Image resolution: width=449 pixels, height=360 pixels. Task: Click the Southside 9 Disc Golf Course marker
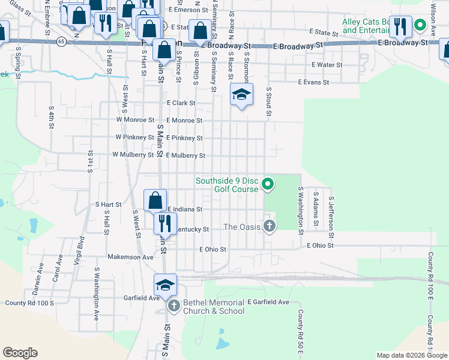(x=269, y=184)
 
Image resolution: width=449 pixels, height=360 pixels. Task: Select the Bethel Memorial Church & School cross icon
(x=174, y=307)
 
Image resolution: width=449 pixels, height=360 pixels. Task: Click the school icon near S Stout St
(x=241, y=95)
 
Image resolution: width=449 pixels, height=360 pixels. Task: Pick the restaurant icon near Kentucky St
(x=163, y=223)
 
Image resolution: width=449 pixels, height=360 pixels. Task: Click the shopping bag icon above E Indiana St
(x=155, y=199)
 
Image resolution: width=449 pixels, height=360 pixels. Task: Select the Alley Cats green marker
(x=421, y=25)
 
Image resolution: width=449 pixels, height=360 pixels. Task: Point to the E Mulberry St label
(x=185, y=155)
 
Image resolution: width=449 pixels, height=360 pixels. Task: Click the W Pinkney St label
(x=135, y=138)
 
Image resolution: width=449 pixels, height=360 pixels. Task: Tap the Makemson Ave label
(x=131, y=257)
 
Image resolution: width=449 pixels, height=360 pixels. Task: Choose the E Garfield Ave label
(x=268, y=302)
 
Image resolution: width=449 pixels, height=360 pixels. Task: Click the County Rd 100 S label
(x=29, y=303)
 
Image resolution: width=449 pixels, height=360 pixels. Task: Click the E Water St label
(x=327, y=65)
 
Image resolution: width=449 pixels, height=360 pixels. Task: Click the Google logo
(x=20, y=353)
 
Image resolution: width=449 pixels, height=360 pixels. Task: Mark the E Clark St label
(x=181, y=103)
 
